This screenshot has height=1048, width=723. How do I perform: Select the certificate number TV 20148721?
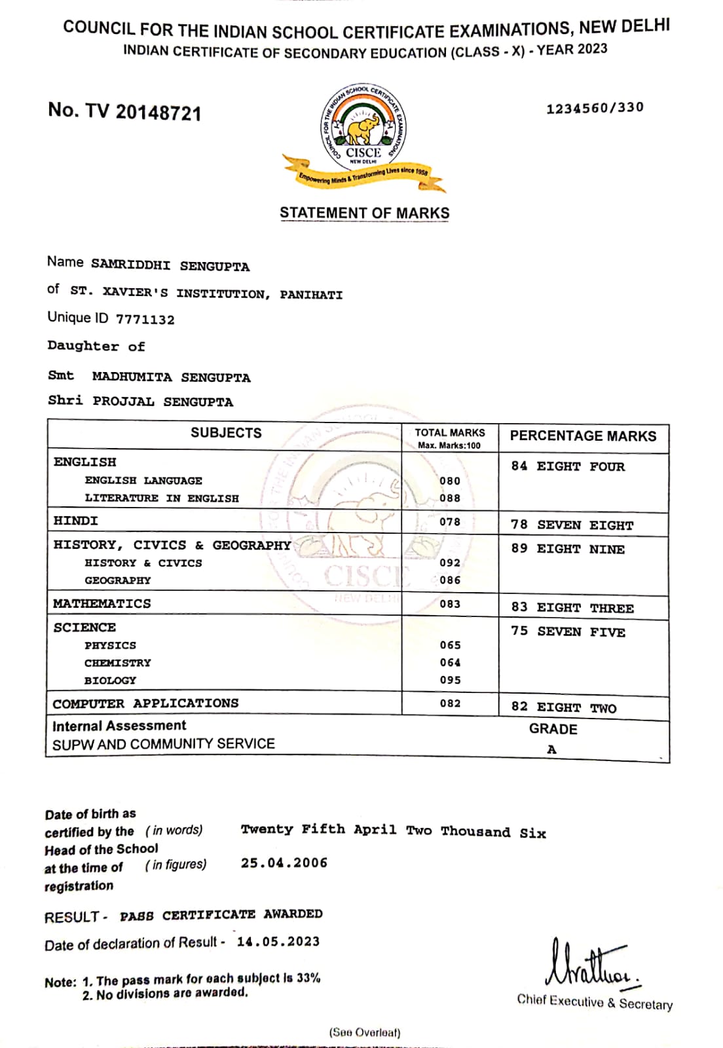124,111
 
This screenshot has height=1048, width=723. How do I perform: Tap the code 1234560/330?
595,107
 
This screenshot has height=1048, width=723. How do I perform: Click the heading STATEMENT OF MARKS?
364,213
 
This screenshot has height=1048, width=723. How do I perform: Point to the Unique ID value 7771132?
145,320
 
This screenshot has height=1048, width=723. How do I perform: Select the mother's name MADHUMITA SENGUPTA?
171,377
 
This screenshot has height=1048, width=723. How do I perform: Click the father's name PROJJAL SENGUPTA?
162,402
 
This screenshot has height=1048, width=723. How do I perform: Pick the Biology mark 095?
450,680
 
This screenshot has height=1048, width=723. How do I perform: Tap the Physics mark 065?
450,645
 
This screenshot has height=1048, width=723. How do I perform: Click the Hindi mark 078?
450,522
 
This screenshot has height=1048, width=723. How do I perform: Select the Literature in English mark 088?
450,498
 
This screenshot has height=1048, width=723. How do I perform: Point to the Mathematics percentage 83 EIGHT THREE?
572,607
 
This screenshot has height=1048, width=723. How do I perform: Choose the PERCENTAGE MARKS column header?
583,436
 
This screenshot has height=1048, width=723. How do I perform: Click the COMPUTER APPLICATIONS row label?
145,703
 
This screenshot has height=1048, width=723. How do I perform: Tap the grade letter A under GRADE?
551,749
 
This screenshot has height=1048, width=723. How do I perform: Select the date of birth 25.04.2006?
284,863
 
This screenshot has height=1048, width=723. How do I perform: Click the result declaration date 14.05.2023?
278,941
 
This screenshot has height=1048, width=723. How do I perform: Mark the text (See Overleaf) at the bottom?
364,1033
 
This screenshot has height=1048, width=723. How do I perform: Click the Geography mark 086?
450,580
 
